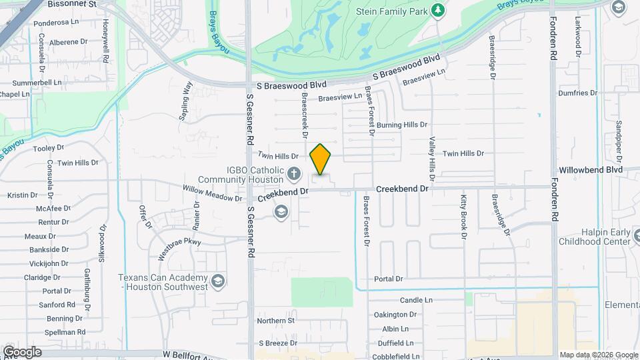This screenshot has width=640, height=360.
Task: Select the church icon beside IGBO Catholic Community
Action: pos(294,175)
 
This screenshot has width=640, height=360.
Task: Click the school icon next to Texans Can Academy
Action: pos(217,282)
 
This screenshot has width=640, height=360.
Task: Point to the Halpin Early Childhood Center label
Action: pos(595,236)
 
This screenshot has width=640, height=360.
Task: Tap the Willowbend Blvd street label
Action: pos(591,170)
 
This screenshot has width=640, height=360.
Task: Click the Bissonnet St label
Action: pos(73,4)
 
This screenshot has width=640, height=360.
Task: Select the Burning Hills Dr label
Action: pos(401,125)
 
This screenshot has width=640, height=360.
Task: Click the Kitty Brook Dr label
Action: pos(463,215)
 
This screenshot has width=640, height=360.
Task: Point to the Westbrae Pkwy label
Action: pos(179,247)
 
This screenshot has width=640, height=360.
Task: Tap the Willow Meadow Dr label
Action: pos(213,193)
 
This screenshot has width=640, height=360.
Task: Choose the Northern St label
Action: pos(276,321)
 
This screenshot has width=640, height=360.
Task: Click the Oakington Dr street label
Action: pos(395,315)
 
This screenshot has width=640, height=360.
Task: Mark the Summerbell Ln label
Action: pos(37,83)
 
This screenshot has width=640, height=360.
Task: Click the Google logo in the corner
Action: pos(22,351)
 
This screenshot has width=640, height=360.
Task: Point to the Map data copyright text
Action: pos(598,355)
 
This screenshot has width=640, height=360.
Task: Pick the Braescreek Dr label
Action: pos(305,115)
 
